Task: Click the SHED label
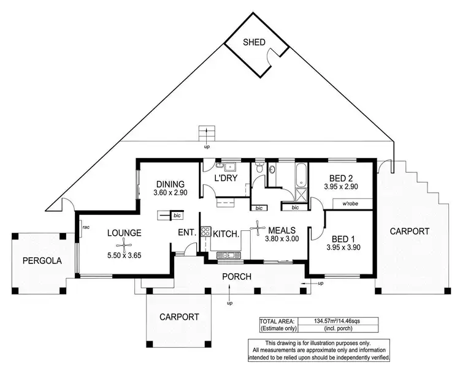pos(254,42)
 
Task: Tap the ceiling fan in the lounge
pos(125,244)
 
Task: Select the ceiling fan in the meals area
pos(258,228)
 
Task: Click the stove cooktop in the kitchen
pos(205,232)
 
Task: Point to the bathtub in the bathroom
pos(301,175)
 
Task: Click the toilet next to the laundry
pos(259,167)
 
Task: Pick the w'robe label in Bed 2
pos(350,203)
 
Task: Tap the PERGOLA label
pos(42,260)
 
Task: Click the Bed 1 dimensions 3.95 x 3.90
pos(343,247)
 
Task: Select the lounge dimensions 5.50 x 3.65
pos(125,255)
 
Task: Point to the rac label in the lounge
pos(86,227)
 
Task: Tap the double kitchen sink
pos(229,255)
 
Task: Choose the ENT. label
pos(187,233)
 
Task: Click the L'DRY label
pos(226,178)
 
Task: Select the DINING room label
pos(171,184)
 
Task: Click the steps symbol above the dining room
pos(207,133)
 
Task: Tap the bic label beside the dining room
pos(177,216)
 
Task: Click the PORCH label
pos(237,277)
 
